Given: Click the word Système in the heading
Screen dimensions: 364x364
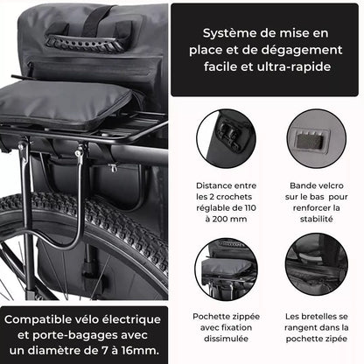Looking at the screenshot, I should tap(227, 31).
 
